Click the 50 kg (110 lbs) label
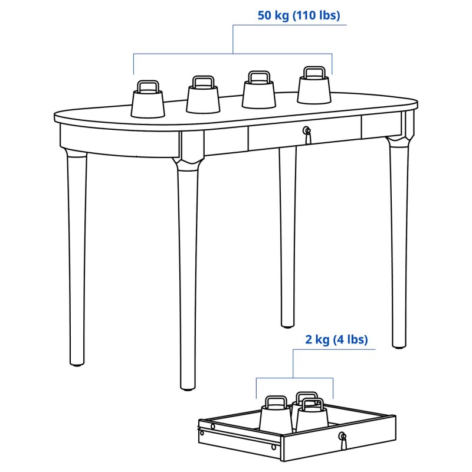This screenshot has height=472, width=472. (x=299, y=15)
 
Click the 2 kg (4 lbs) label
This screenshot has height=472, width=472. (x=336, y=339)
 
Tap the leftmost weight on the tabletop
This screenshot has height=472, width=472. (x=148, y=99)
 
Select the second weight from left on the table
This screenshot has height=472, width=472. (x=203, y=95)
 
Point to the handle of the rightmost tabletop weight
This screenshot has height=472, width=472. (x=314, y=71)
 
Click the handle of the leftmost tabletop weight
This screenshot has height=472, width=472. (x=148, y=86)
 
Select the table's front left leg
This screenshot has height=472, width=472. (x=188, y=274)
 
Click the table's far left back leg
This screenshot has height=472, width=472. (x=77, y=257)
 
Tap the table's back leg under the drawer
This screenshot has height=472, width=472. (x=287, y=237)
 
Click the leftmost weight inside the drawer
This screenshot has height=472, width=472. (x=276, y=415)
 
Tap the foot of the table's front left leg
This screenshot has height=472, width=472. (x=188, y=387)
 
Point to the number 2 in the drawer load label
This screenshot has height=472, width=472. (x=309, y=339)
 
